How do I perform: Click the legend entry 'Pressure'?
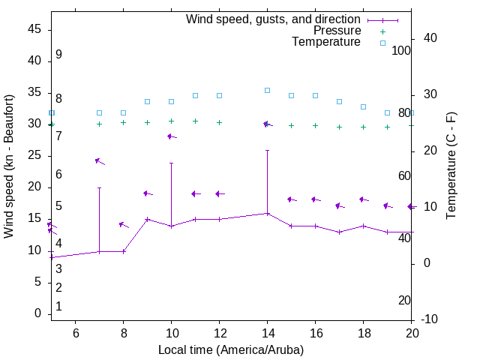tap(337, 31)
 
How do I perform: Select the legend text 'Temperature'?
tap(326, 42)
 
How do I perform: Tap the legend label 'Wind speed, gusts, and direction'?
tap(274, 19)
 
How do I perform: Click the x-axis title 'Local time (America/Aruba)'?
tap(231, 349)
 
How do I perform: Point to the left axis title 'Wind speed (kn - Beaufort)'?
tap(9, 166)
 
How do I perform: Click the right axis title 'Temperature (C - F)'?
tap(451, 166)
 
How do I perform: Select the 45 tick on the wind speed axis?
tap(34, 29)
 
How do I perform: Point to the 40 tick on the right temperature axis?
tap(428, 38)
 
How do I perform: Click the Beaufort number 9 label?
tap(58, 55)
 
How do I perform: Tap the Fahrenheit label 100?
tap(401, 50)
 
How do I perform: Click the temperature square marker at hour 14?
tap(267, 90)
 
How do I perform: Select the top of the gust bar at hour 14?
tap(267, 150)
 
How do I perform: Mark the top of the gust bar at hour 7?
tap(99, 187)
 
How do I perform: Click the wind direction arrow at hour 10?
tap(171, 136)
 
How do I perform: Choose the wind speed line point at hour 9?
tap(147, 219)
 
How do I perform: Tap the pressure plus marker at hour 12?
tap(219, 122)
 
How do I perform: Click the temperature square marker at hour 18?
tap(363, 106)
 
